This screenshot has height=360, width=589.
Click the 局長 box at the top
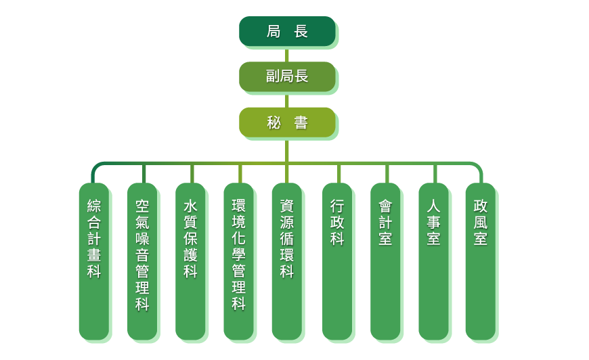pyautogui.click(x=287, y=31)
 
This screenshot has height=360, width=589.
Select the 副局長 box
pyautogui.click(x=287, y=76)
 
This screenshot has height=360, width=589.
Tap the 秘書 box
pyautogui.click(x=287, y=122)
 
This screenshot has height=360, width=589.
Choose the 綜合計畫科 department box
pyautogui.click(x=93, y=261)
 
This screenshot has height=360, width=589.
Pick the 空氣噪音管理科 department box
pyautogui.click(x=142, y=261)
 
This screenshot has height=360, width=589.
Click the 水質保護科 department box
pyautogui.click(x=190, y=261)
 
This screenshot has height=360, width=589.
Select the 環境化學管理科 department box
pyautogui.click(x=238, y=261)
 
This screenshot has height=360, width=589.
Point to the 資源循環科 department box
pyautogui.click(x=287, y=261)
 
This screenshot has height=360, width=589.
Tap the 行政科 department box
pyautogui.click(x=337, y=261)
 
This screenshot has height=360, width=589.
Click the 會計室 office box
pyautogui.click(x=385, y=261)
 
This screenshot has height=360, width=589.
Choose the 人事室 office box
pyautogui.click(x=433, y=261)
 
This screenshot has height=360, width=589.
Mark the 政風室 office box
pyautogui.click(x=480, y=261)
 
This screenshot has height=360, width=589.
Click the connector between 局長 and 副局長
pyautogui.click(x=287, y=55)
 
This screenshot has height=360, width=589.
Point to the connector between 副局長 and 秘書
pyautogui.click(x=287, y=100)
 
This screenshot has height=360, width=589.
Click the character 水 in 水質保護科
pyautogui.click(x=190, y=206)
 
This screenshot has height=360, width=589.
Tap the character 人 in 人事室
pyautogui.click(x=433, y=206)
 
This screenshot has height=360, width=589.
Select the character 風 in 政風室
pyautogui.click(x=480, y=222)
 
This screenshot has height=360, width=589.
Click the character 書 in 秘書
pyautogui.click(x=301, y=122)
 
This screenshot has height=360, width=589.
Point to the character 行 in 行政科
pyautogui.click(x=337, y=206)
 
